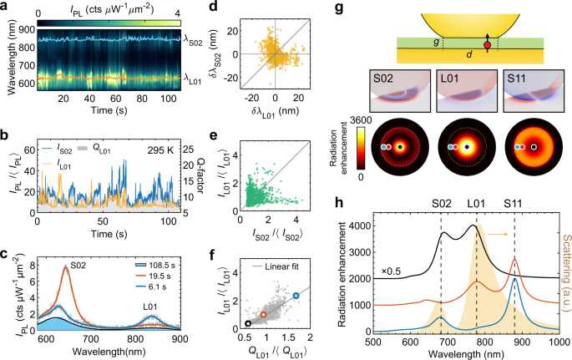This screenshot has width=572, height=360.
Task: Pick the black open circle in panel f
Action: pyautogui.click(x=248, y=323)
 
